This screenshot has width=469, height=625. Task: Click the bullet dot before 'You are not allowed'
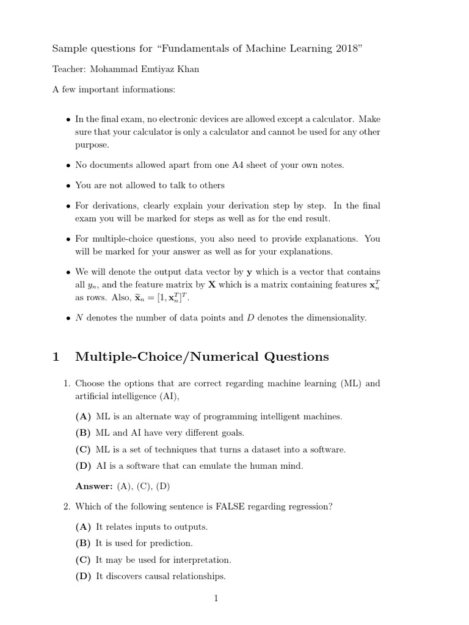point(67,186)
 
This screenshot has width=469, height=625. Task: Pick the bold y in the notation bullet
point(249,272)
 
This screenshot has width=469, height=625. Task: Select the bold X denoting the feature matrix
point(212,284)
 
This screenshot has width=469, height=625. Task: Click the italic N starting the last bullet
point(78,318)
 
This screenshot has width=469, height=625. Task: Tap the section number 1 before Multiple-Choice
point(56,357)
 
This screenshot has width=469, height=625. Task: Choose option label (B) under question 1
point(83,433)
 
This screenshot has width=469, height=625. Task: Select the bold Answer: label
point(94,486)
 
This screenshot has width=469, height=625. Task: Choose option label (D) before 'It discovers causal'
point(83,576)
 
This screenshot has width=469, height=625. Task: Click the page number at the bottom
point(216,599)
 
